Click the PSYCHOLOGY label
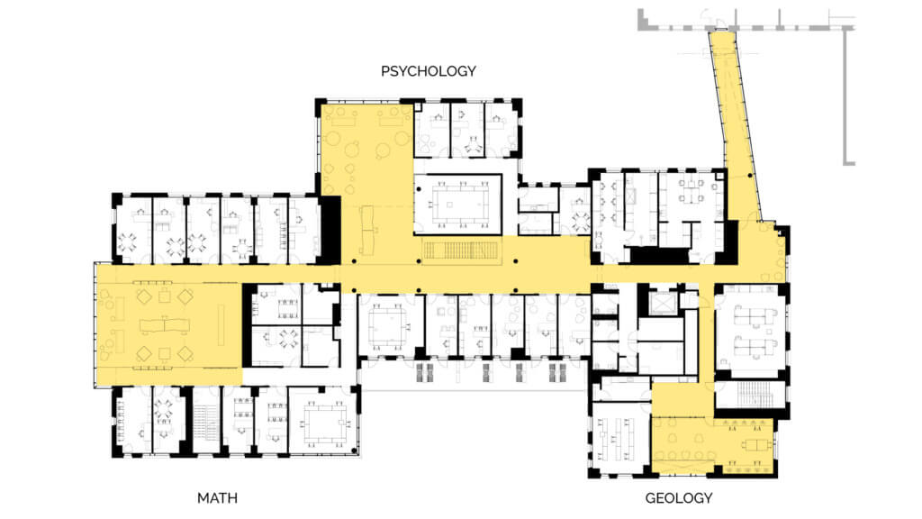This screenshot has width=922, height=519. click(x=428, y=71)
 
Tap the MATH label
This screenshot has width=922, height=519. click(x=217, y=498)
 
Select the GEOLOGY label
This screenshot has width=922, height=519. click(x=679, y=498)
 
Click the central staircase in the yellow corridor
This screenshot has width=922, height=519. click(x=461, y=250)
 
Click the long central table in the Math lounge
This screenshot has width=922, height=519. click(x=165, y=325)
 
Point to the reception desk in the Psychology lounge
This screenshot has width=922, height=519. click(x=368, y=230)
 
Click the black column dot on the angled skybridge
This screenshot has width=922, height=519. click(x=750, y=176)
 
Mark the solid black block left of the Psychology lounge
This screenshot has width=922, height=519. click(x=330, y=230)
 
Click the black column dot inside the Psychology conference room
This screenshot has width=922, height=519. click(x=420, y=189)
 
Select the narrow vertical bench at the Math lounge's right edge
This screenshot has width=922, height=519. click(x=221, y=324)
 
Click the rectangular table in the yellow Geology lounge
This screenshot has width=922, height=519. click(x=756, y=445)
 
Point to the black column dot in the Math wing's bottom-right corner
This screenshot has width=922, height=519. click(x=354, y=451)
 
